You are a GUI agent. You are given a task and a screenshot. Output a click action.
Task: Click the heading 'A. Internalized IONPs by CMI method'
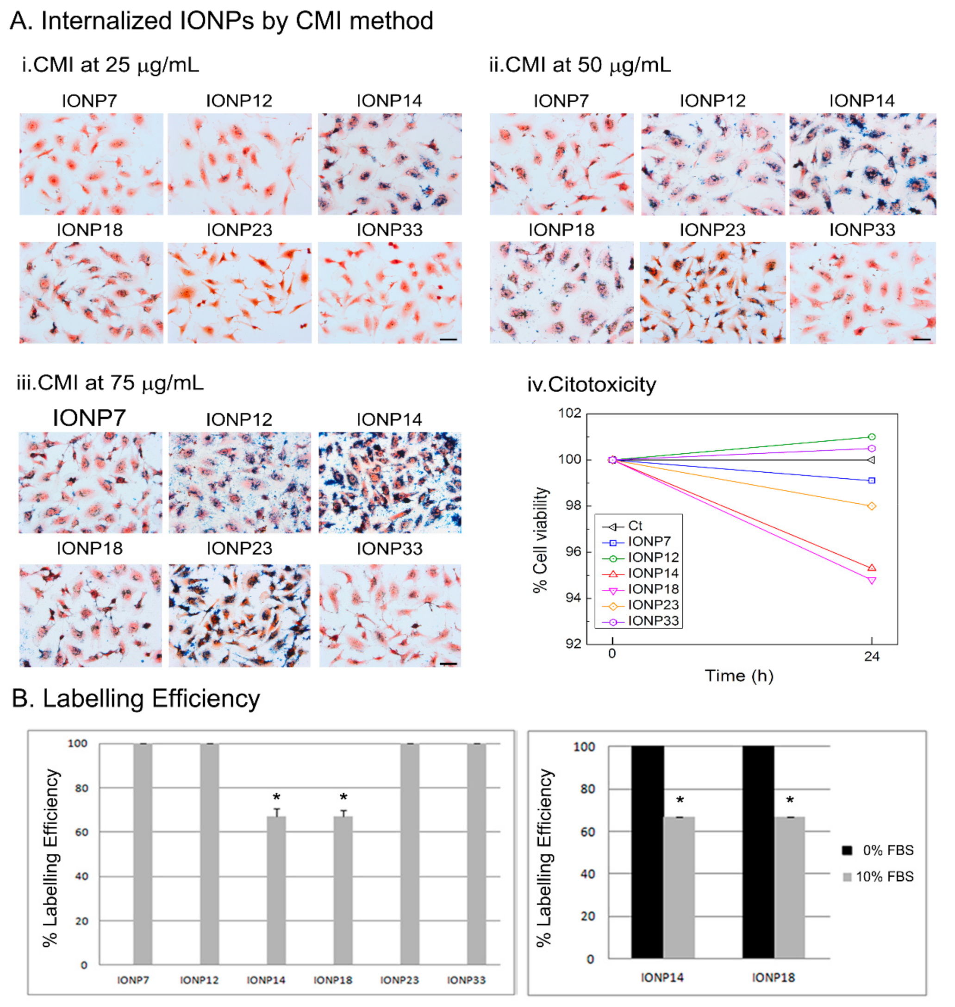(221, 21)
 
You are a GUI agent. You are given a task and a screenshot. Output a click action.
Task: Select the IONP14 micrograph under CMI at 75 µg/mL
(389, 482)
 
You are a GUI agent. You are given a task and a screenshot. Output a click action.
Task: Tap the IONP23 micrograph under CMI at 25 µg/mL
(239, 292)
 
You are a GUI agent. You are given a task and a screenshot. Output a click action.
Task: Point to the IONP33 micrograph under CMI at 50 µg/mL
(862, 292)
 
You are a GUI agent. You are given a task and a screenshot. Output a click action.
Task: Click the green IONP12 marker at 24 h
(872, 437)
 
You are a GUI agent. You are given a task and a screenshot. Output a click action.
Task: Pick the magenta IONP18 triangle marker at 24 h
(872, 581)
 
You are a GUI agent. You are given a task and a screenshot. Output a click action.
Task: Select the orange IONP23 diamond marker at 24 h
(872, 506)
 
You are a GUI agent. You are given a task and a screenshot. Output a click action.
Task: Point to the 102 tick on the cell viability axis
(570, 413)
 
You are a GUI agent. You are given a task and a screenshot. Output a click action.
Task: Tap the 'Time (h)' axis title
(739, 675)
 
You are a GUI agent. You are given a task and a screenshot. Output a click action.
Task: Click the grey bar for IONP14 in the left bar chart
(276, 890)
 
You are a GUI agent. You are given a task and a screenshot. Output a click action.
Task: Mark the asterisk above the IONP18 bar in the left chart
(343, 797)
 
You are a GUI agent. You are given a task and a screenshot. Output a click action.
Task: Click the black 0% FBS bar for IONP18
(758, 852)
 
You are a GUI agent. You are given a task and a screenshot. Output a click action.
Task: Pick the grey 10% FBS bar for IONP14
(679, 888)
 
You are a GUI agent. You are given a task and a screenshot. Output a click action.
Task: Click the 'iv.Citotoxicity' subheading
(592, 384)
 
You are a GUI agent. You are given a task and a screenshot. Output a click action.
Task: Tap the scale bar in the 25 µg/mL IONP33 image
(448, 339)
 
